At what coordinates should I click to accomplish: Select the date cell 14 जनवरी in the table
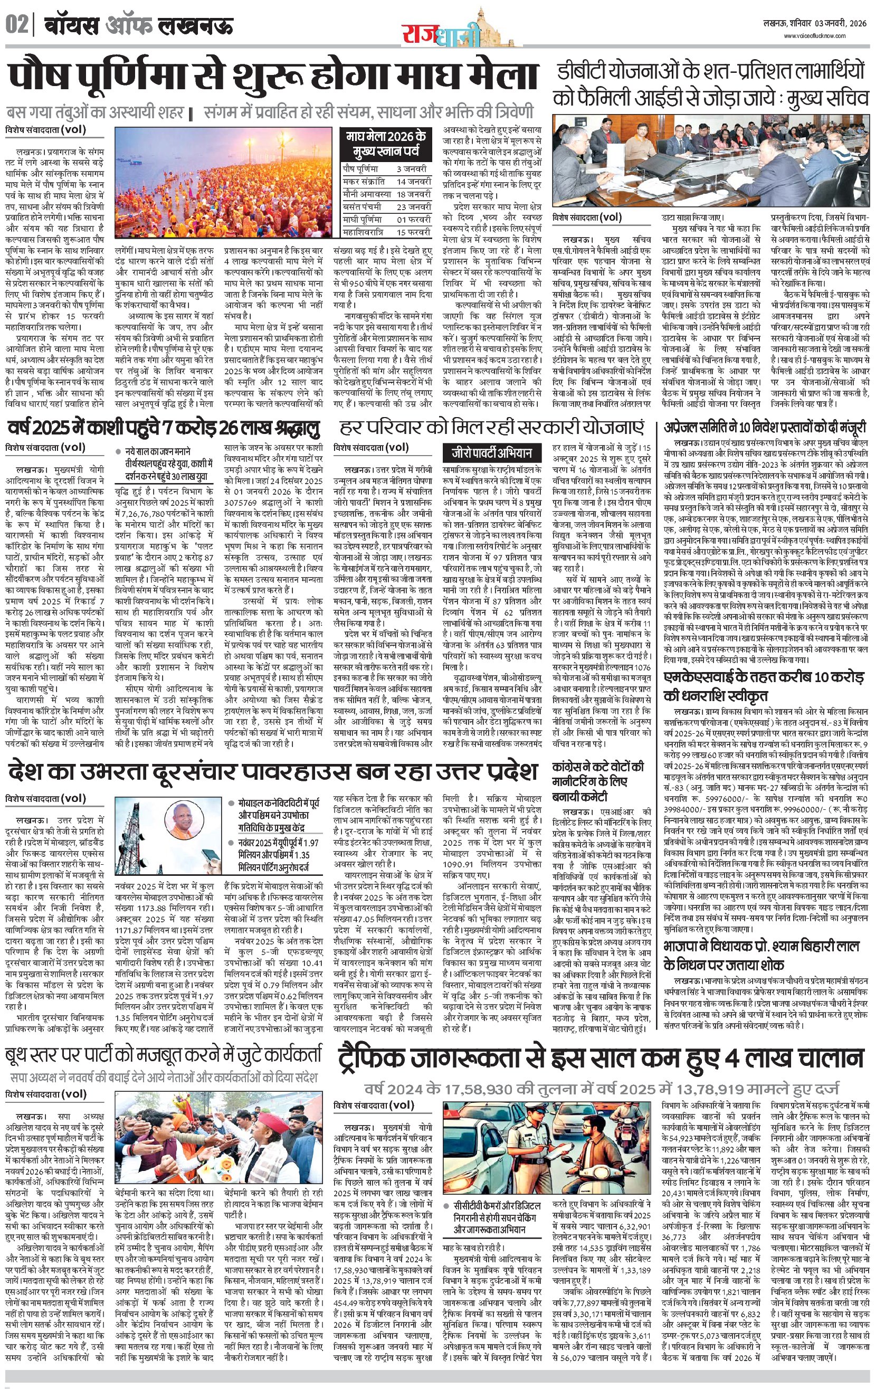coord(413,181)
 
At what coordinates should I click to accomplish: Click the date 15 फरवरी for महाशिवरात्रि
coord(413,232)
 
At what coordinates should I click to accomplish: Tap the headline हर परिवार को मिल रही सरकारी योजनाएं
coord(492,428)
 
